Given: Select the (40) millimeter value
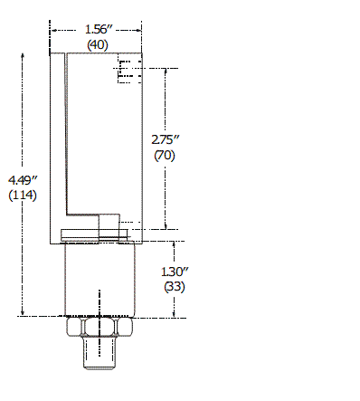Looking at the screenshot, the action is [x=98, y=44].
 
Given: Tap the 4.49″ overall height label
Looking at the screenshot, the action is [x=23, y=180].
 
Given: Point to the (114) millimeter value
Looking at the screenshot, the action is [x=23, y=195].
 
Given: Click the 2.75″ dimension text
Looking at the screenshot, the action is [x=166, y=139].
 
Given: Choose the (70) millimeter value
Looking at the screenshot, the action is [x=165, y=156].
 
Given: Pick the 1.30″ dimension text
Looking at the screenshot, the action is [x=175, y=272].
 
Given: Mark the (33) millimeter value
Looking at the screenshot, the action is [x=175, y=286].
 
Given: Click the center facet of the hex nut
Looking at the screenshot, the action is [x=99, y=326].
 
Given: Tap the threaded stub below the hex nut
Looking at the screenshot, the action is [x=99, y=353].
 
